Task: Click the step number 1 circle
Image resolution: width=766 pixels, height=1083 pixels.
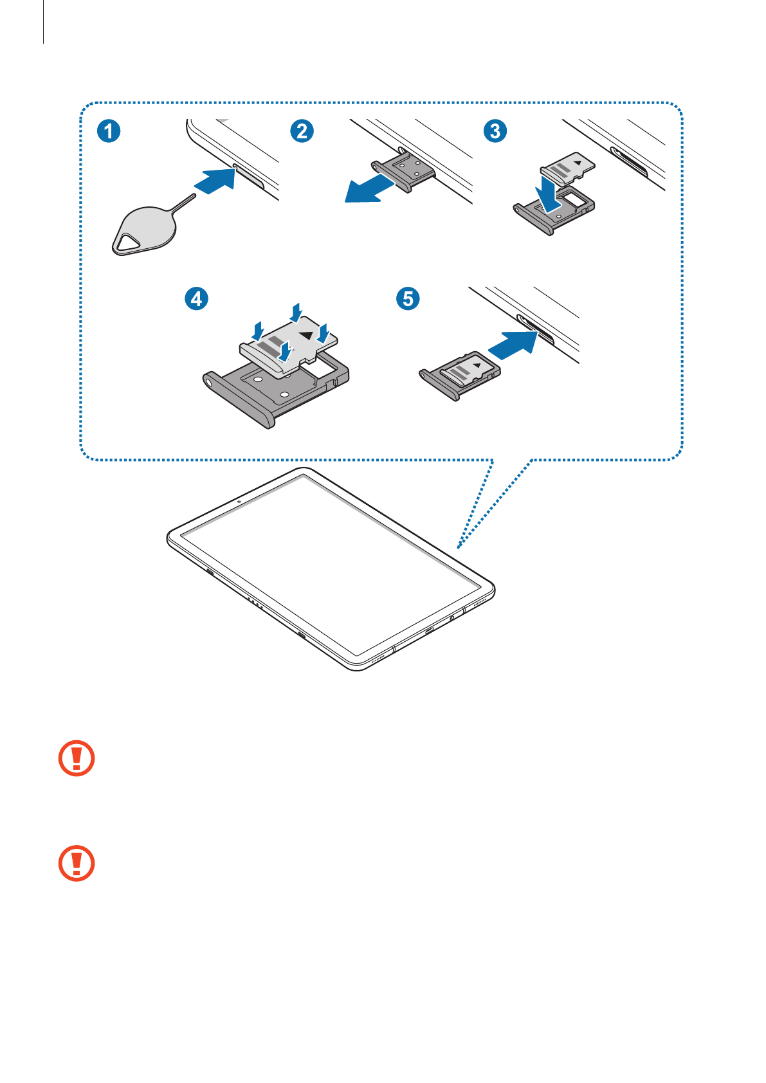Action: (x=109, y=131)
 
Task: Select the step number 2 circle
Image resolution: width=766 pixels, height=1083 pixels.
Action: (x=302, y=131)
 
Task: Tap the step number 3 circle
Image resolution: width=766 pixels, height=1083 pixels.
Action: (x=495, y=131)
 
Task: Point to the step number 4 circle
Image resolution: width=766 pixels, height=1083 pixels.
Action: (x=196, y=298)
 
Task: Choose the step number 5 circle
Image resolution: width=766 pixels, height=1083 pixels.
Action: (x=408, y=298)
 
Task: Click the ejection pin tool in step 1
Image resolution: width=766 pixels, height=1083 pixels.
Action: (x=145, y=228)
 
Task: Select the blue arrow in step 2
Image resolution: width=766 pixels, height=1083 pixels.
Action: (x=369, y=187)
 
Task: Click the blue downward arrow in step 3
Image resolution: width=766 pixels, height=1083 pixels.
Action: (x=550, y=194)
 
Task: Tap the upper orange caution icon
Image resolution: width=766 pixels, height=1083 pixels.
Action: (x=77, y=758)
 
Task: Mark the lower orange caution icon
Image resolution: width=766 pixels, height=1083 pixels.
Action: (x=77, y=863)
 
